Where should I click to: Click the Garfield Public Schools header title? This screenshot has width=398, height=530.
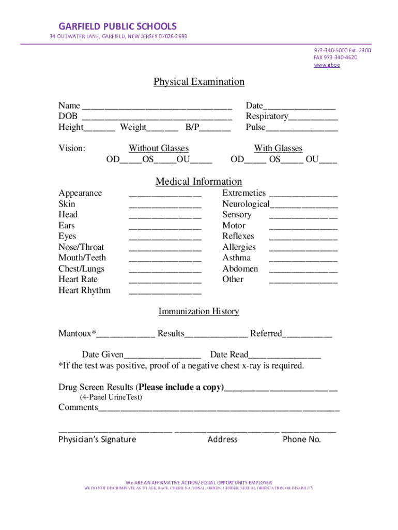pos(117,26)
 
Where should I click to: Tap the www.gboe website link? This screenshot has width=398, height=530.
pos(327,65)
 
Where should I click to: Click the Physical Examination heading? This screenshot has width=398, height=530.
pos(198,82)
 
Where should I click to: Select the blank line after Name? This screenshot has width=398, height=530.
pos(157,108)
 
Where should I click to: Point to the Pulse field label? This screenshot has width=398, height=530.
pos(255,127)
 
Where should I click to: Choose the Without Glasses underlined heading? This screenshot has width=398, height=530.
pos(159,149)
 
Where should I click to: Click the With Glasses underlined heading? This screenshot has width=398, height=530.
pos(278,149)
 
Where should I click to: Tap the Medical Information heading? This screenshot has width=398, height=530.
pos(198,182)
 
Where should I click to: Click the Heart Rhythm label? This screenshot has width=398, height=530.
pos(84,290)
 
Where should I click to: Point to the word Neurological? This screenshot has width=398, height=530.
pos(246,204)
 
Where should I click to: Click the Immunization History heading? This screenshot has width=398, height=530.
pos(198,312)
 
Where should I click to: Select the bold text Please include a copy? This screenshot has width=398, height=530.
pos(181,387)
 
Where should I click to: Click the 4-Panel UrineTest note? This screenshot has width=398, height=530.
pos(111,397)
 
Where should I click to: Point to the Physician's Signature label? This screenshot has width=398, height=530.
pos(97,439)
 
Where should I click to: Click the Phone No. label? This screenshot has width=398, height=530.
pos(302,439)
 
